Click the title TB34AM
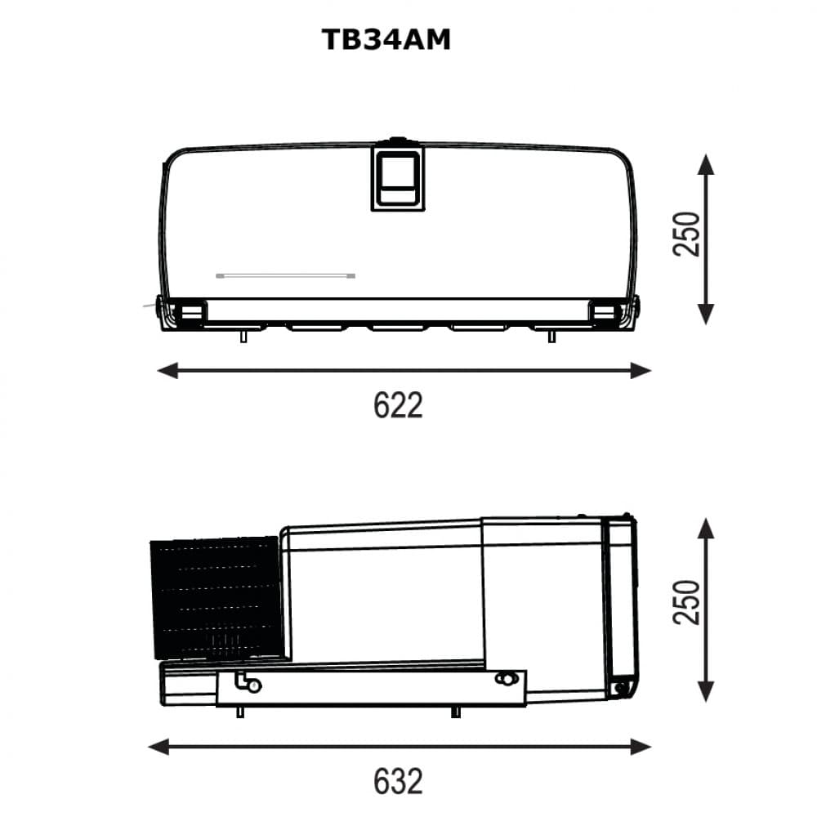coord(386,39)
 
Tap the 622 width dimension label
coord(398,405)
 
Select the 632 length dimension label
coord(398,781)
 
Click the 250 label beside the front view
coord(686,234)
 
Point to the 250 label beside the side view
coord(686,601)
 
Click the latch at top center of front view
coord(398,176)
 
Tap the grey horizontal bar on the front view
coord(285,275)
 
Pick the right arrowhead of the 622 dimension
coord(641,371)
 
